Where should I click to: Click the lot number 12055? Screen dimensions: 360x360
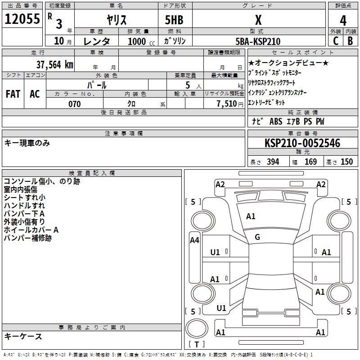pos(22,19)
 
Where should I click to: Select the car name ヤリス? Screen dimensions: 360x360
pos(116,20)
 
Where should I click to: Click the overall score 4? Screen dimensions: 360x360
pos(343,20)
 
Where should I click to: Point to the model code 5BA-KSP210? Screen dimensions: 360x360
pos(258,41)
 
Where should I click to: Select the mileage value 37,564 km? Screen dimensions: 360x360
pos(54,64)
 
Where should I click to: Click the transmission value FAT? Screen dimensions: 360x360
pos(13,94)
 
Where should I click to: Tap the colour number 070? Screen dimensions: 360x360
pos(74,104)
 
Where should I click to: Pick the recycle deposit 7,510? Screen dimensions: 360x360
pos(226,104)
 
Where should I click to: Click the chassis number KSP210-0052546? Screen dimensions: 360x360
pos(302,143)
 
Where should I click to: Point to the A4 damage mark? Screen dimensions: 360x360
pos(194,240)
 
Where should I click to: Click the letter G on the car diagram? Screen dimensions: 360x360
pos(257,237)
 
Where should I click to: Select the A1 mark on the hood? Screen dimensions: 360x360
pos(251,216)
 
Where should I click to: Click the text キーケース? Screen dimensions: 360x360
pos(23,337)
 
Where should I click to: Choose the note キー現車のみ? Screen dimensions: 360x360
pos(27,143)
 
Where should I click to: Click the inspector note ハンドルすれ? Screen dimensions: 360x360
pos(24,206)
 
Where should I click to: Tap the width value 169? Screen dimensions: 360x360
pos(310,162)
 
